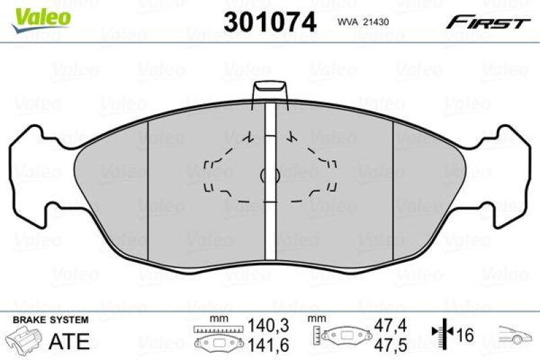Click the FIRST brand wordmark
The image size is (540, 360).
point(487,22)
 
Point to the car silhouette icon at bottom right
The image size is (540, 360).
point(516,335)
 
